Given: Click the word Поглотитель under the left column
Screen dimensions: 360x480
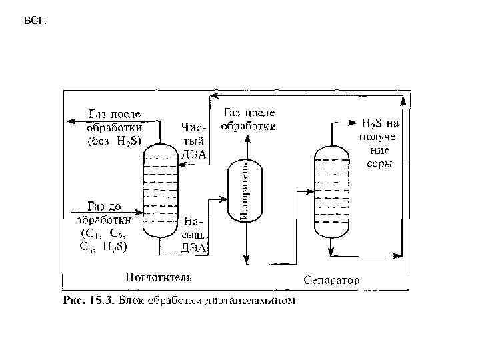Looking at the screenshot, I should click(x=159, y=276).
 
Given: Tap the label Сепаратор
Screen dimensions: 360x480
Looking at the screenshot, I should click(x=331, y=280).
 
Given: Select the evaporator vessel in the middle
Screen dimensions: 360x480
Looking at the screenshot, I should click(x=246, y=190).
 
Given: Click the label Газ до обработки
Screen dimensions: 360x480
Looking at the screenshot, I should click(x=105, y=213).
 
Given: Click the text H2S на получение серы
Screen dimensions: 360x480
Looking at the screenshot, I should click(x=379, y=142).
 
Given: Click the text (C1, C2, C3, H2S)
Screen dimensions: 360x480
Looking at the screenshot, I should click(x=105, y=239).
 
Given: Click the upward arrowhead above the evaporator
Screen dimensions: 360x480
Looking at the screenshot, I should click(x=247, y=138).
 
